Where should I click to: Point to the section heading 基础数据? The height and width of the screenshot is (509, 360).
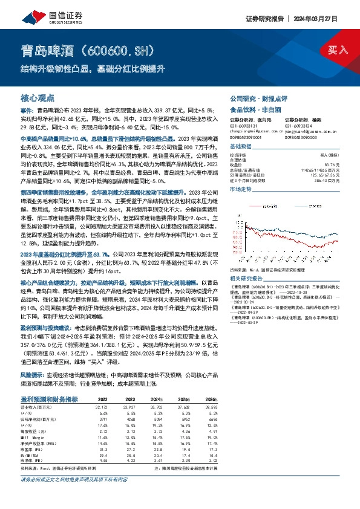[241, 147]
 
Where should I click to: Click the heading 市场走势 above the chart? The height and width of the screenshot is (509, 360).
[241, 189]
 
